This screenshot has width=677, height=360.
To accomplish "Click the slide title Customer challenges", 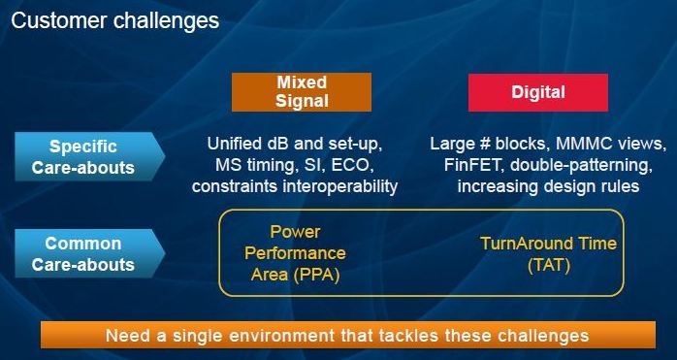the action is click(115, 21).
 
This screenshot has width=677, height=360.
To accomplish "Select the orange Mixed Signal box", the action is click(302, 92).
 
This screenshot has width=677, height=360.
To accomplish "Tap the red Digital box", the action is click(538, 92).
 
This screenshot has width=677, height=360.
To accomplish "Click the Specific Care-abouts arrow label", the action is click(89, 156).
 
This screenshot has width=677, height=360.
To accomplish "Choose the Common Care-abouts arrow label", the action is click(89, 253).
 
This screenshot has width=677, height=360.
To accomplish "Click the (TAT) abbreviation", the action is click(549, 265).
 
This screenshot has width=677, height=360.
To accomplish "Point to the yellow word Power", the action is click(295, 232).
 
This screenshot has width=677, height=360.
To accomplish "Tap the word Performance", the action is click(295, 253).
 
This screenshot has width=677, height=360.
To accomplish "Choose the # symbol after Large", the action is click(484, 144).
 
